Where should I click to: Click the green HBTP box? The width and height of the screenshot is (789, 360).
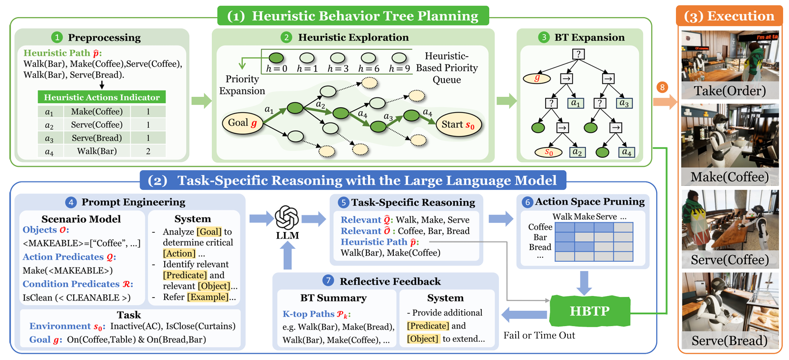[589, 311]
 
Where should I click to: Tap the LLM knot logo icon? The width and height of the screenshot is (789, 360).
[287, 217]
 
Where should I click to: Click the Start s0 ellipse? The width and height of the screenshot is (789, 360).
[458, 125]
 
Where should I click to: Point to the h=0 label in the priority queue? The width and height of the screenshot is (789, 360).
[276, 69]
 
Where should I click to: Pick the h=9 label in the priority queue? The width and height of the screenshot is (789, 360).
[399, 69]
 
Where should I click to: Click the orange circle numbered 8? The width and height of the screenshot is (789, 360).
[662, 88]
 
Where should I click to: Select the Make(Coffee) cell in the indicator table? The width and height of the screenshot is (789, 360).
[97, 112]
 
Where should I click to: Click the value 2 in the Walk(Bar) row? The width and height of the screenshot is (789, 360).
[148, 151]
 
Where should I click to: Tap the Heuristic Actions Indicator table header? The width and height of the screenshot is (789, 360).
[102, 97]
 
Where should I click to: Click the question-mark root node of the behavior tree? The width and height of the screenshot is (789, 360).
[579, 54]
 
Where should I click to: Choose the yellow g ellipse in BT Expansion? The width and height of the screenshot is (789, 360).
[536, 78]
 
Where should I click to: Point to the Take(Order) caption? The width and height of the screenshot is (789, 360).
[730, 91]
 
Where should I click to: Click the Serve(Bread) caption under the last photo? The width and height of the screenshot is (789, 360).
[730, 341]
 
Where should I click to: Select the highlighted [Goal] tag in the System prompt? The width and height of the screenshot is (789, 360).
[209, 232]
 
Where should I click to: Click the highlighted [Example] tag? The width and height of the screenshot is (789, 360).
[207, 297]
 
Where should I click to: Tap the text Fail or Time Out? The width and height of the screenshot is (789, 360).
[539, 335]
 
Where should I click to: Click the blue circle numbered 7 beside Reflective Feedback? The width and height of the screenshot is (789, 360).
[328, 281]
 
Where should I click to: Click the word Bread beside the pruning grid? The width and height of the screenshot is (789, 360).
[540, 247]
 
